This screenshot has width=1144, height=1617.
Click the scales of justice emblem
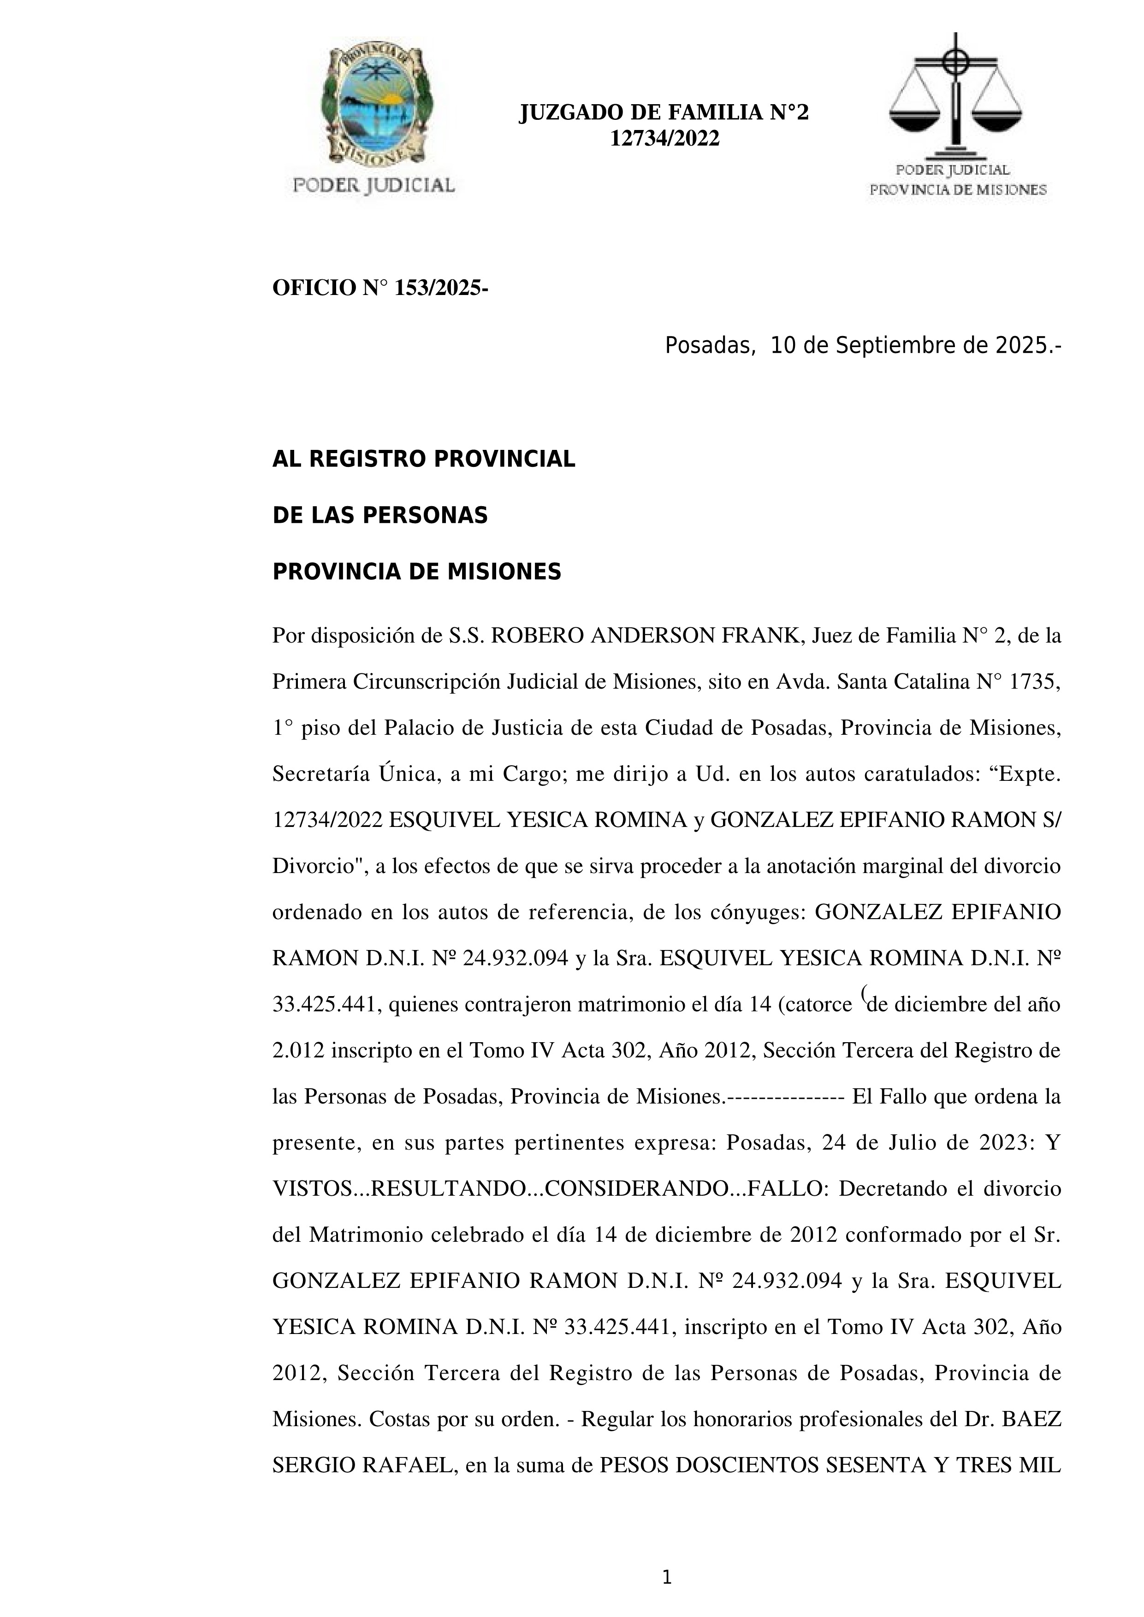click(x=955, y=95)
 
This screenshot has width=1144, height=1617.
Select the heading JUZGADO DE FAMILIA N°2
click(x=664, y=112)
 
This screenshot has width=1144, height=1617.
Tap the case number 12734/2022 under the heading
click(x=664, y=139)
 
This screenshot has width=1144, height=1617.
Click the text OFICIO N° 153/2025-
click(x=379, y=288)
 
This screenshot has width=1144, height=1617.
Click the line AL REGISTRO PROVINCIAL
click(x=423, y=459)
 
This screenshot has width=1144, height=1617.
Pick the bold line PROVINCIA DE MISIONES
click(x=416, y=572)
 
